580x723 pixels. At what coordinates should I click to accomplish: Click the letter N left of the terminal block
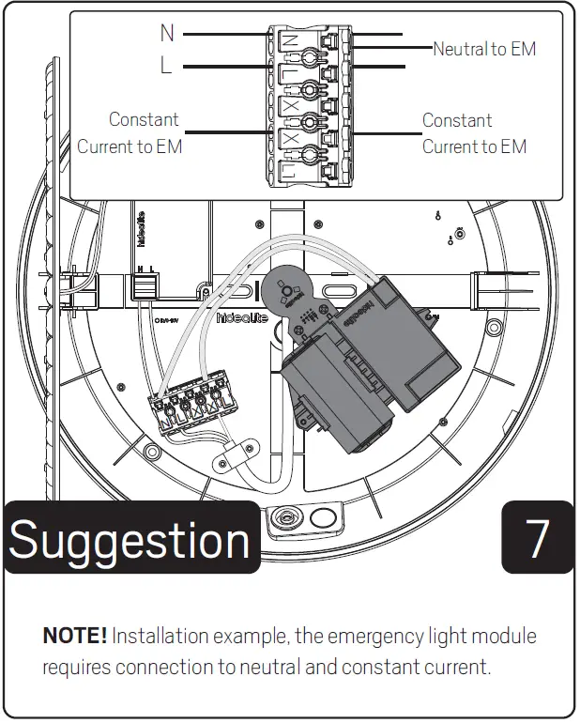[167, 33]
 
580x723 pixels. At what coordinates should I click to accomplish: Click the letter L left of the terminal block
[166, 67]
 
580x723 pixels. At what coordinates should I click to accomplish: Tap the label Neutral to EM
[484, 49]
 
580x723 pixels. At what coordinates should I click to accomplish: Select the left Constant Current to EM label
[130, 133]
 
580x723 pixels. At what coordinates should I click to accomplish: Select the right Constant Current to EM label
[474, 133]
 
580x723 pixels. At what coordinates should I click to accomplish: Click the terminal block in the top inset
[311, 105]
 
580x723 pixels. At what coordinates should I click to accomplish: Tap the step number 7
[537, 538]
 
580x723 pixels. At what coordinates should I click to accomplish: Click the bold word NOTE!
[74, 637]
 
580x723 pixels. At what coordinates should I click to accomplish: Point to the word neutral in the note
[305, 668]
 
